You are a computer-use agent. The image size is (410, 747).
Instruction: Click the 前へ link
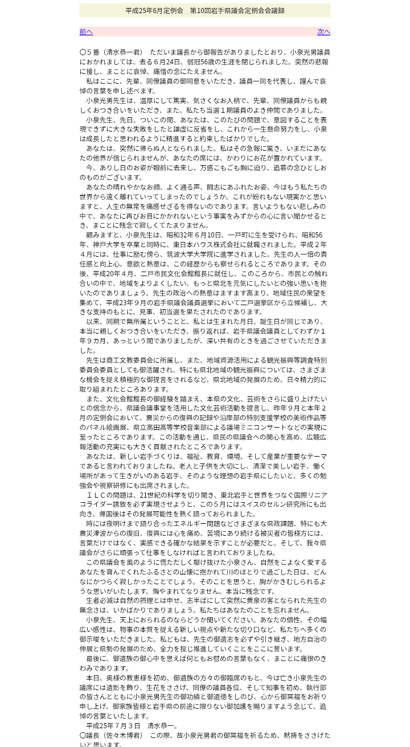coord(86,32)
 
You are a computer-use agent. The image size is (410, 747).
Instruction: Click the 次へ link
coord(323,32)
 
